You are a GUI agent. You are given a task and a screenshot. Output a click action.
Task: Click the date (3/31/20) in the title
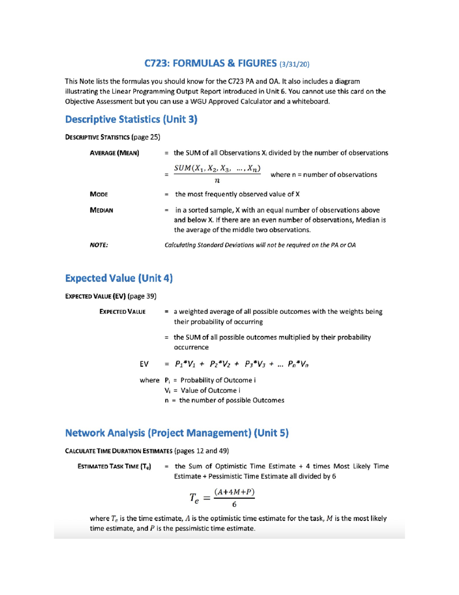(294, 64)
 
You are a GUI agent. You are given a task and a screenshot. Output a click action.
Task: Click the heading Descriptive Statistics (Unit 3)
(131, 120)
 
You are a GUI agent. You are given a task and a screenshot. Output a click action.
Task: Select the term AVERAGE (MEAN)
(114, 153)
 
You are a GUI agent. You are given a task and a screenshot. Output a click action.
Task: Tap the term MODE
(99, 194)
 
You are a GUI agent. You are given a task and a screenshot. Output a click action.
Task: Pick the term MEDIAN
(101, 210)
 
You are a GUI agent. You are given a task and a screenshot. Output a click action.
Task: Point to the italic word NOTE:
(99, 245)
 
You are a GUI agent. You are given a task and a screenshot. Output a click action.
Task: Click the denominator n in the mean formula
(217, 180)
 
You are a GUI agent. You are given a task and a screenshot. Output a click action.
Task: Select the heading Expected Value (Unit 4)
(119, 278)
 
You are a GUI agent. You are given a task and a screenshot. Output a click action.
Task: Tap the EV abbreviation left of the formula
(144, 364)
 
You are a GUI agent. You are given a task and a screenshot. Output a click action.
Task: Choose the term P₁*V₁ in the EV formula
(185, 364)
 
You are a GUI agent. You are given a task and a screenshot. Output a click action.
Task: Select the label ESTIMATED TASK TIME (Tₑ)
(114, 467)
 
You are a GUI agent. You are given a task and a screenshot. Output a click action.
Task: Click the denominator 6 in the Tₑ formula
(234, 505)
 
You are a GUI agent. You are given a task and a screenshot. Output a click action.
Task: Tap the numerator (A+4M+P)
(234, 492)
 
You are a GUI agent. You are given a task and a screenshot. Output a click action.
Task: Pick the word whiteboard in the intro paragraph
(311, 102)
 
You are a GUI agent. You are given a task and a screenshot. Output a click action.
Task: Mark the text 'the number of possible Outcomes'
(231, 400)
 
